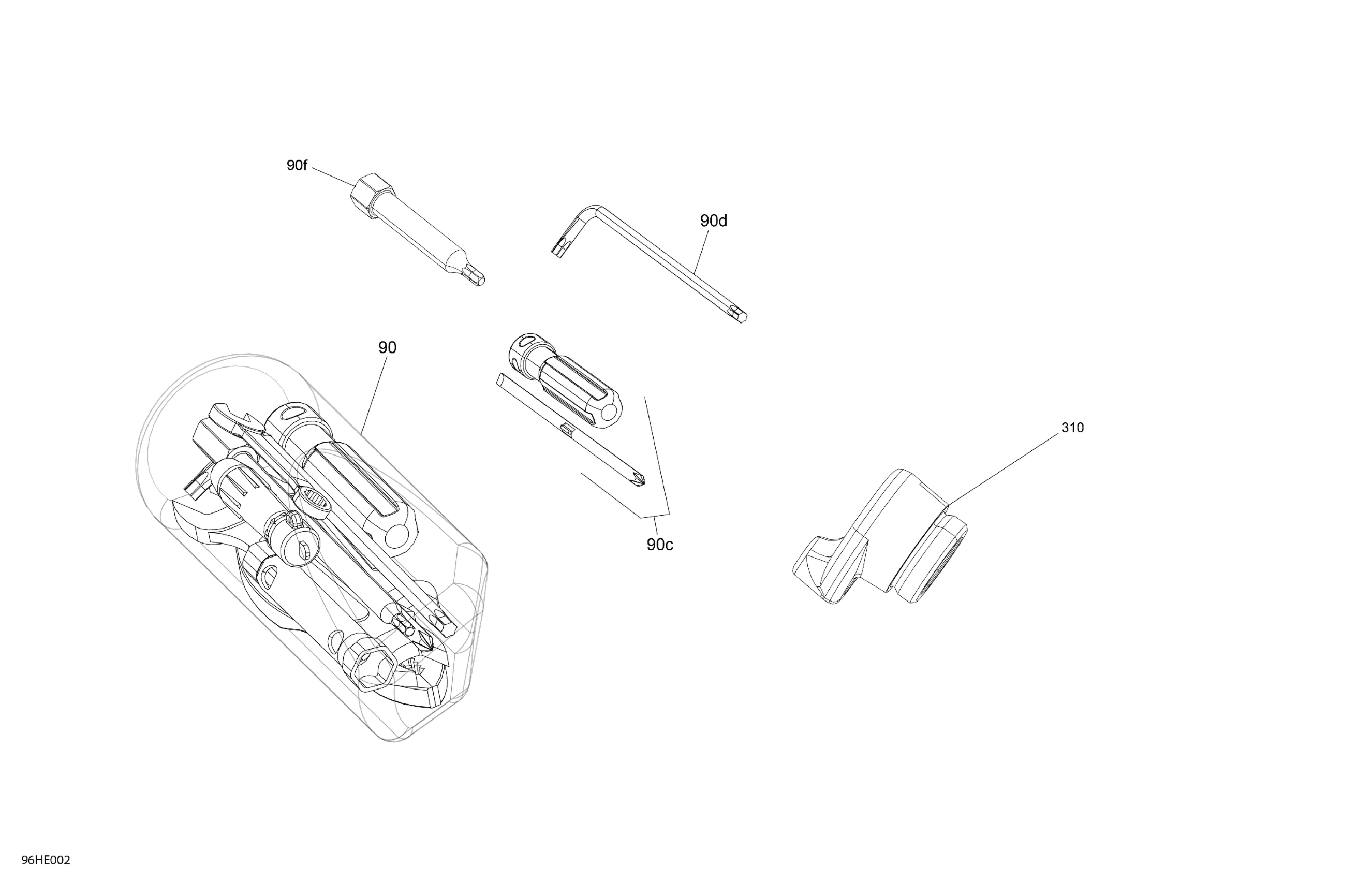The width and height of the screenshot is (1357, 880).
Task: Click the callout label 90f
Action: click(297, 166)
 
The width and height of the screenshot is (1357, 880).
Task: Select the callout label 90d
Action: click(713, 221)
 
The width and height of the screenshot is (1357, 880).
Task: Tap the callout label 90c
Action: click(660, 545)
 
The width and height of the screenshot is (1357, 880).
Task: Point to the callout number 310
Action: click(1072, 428)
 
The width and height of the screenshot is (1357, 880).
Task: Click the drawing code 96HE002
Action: click(46, 860)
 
